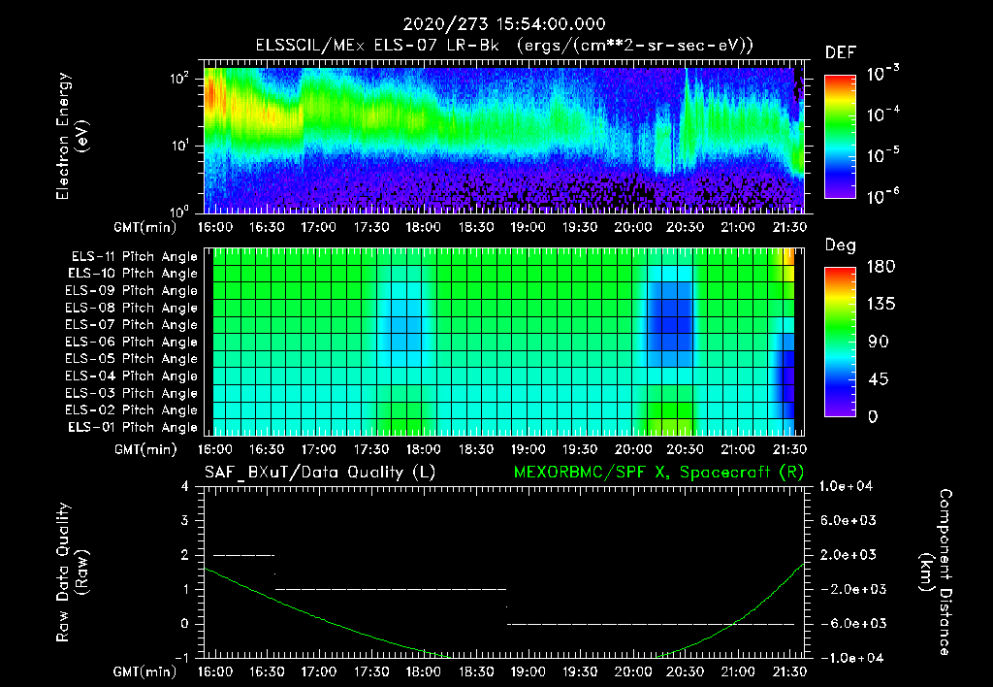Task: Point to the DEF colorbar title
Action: coord(840,52)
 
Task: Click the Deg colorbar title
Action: coord(840,245)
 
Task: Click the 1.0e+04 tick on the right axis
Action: coord(849,486)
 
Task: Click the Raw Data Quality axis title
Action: coord(72,572)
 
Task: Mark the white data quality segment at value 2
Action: coord(244,555)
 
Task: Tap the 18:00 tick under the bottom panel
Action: coord(421,671)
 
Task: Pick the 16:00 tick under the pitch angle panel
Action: coord(214,449)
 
